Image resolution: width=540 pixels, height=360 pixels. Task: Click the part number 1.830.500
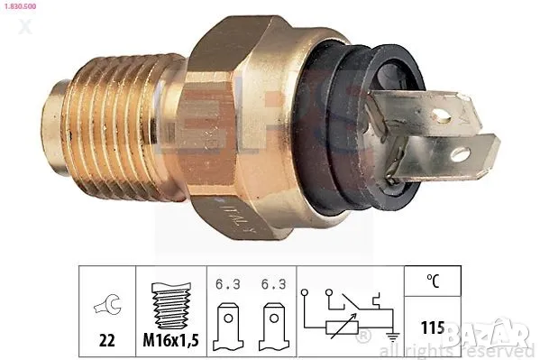[x=23, y=7]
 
